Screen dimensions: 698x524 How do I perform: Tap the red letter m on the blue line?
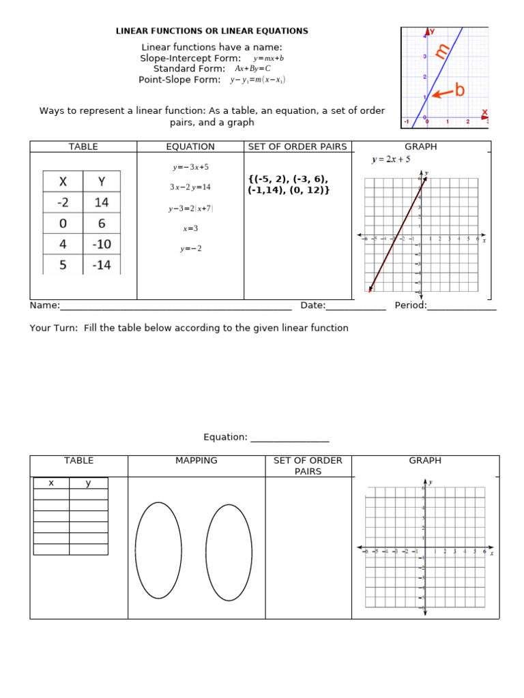[x=442, y=50]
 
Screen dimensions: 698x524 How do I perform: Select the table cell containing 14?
[x=101, y=202]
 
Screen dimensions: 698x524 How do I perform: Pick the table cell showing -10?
[x=101, y=244]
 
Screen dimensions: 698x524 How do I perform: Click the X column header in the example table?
[x=63, y=181]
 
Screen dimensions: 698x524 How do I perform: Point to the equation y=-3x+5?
[x=190, y=167]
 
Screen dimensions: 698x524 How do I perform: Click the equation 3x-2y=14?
[x=190, y=187]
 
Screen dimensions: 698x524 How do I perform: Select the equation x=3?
[x=190, y=228]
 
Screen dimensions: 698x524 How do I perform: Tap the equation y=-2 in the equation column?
[x=190, y=249]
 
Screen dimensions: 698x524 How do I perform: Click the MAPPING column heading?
[x=196, y=461]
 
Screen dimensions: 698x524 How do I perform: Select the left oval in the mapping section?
[x=158, y=550]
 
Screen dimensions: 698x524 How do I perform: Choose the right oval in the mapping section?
[x=229, y=552]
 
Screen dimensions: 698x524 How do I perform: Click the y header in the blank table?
[x=88, y=483]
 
